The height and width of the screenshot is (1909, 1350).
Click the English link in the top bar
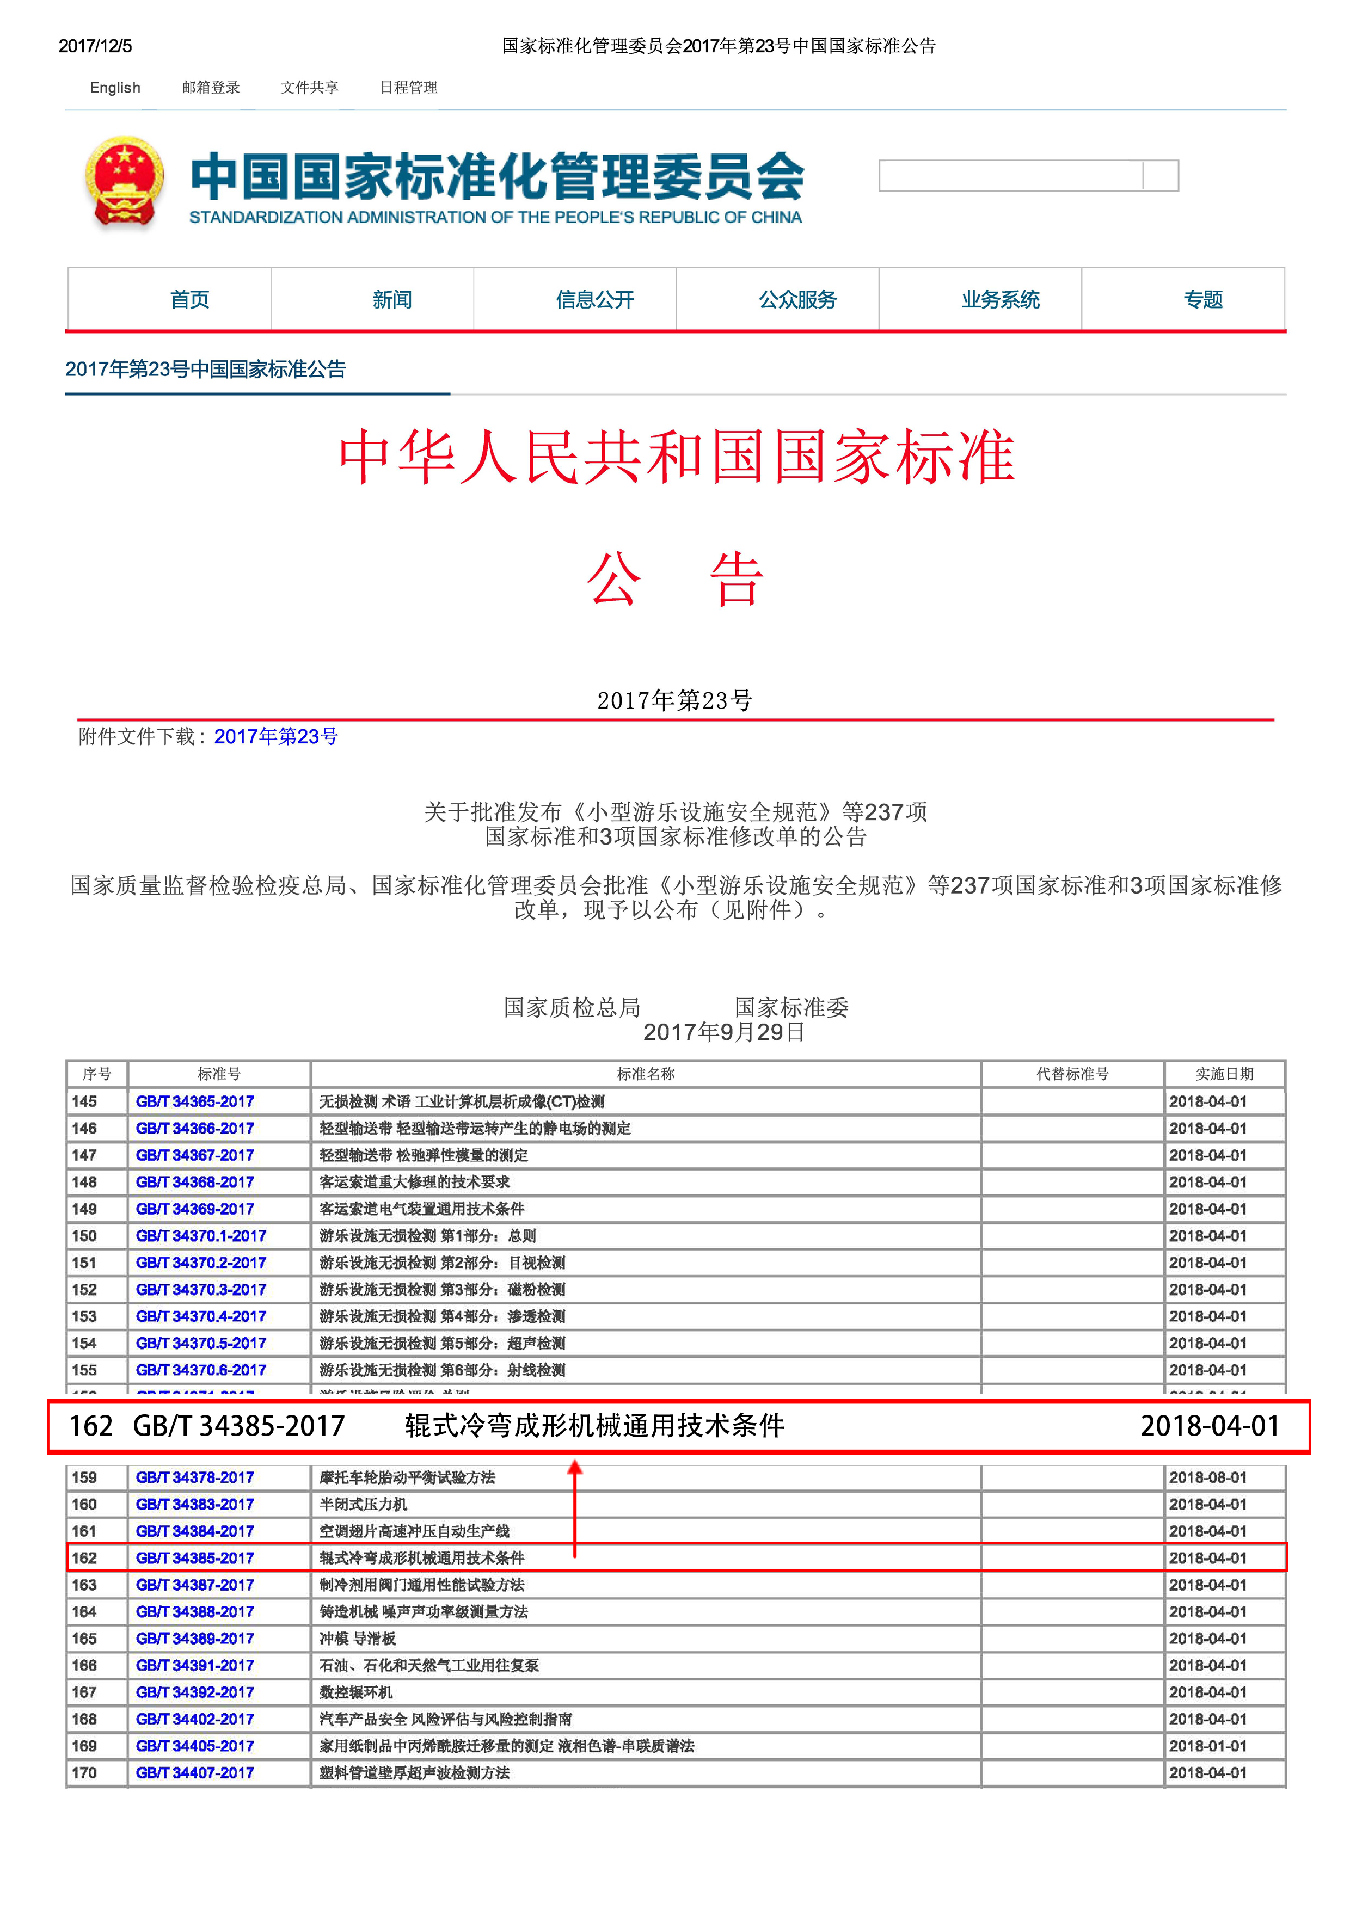click(115, 87)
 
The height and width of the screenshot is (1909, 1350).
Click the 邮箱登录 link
click(211, 87)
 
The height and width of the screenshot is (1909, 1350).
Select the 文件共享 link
click(309, 87)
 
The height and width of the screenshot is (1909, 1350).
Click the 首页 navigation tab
click(189, 299)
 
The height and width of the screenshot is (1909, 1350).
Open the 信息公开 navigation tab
click(595, 299)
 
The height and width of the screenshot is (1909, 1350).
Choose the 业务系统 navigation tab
click(1000, 299)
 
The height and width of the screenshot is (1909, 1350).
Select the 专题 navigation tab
click(1203, 299)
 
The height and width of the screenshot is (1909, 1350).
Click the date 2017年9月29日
click(723, 1033)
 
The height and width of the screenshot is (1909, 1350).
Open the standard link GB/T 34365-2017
click(195, 1101)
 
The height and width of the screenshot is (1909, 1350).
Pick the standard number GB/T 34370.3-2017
click(200, 1290)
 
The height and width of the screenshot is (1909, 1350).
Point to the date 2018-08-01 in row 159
click(1208, 1477)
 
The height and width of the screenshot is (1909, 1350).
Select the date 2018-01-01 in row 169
click(1208, 1746)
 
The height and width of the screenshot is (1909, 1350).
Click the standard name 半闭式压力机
click(364, 1504)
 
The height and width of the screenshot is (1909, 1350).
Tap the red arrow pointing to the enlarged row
click(574, 1505)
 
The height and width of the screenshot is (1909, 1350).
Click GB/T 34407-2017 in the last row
click(195, 1772)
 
